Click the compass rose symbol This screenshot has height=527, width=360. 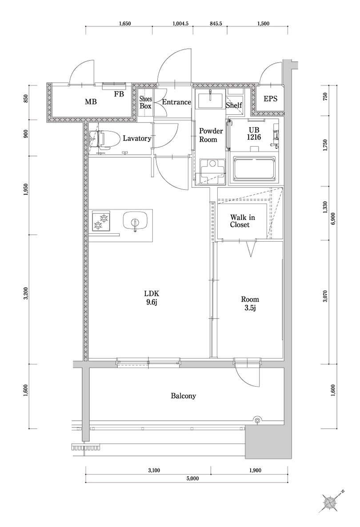[331, 502]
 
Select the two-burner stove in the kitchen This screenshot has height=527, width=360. [101, 221]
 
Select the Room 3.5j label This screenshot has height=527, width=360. [250, 303]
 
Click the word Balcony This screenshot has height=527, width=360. [184, 395]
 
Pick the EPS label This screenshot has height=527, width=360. [270, 99]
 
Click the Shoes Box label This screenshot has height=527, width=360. [146, 103]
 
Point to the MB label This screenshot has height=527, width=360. [91, 102]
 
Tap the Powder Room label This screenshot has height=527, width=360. [208, 135]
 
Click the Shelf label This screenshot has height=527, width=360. [233, 106]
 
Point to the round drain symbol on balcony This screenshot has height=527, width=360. [257, 419]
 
